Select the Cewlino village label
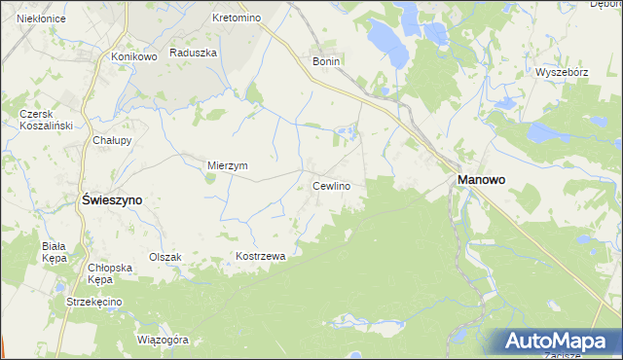tap(331, 185)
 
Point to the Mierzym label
tap(228, 165)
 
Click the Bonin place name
tap(325, 60)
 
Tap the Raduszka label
tap(192, 54)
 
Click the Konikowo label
tap(134, 56)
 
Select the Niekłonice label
tap(34, 18)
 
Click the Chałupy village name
tap(112, 140)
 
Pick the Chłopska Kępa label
tap(109, 272)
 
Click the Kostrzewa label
tap(259, 256)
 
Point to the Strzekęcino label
tap(93, 303)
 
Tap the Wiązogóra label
tap(163, 341)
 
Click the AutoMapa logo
tap(559, 342)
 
